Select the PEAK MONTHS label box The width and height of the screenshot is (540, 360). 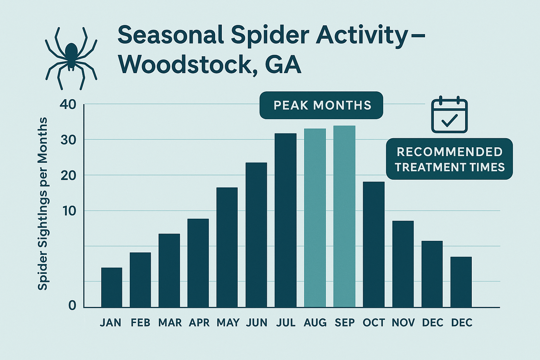(x=321, y=105)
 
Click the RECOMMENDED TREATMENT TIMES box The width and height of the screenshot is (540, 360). (x=449, y=159)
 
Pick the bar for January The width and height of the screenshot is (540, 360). (x=111, y=288)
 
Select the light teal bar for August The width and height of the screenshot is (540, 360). (x=315, y=218)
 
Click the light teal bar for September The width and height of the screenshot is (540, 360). (x=344, y=217)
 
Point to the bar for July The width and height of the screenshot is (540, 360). (x=285, y=220)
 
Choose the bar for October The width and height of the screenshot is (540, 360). (x=373, y=244)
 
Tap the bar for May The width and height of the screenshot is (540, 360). (x=227, y=247)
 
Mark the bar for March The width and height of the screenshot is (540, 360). (x=169, y=270)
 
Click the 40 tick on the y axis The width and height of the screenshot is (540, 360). (x=67, y=104)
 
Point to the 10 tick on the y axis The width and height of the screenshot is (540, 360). (x=68, y=211)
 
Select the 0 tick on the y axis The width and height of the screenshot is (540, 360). (x=72, y=306)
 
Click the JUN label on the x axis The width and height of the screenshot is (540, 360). (x=256, y=323)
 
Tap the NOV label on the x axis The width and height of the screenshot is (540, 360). (x=403, y=323)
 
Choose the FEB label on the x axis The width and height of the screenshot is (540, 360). (x=140, y=323)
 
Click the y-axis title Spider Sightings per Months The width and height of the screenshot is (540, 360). (x=43, y=204)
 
